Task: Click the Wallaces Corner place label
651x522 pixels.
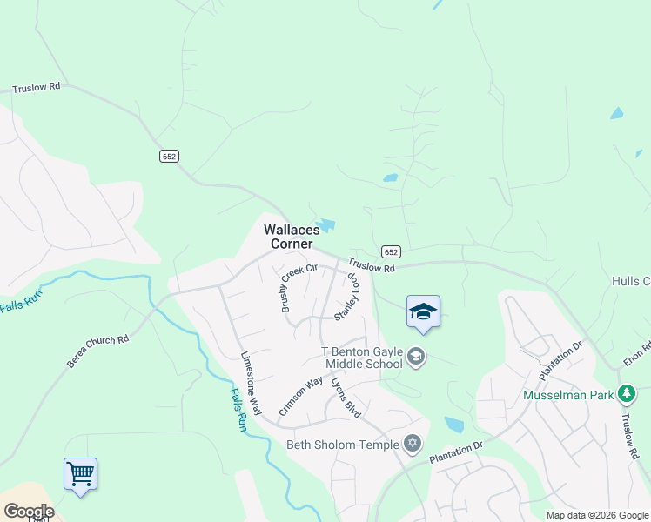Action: pos(288,236)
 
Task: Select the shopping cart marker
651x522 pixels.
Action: pos(80,474)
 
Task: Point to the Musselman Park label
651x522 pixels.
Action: pos(567,395)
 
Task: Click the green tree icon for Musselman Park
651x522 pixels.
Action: pos(626,394)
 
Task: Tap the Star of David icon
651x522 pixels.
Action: pos(413,444)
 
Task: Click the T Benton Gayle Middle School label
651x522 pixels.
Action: pos(363,358)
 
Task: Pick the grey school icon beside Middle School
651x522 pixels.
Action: pos(416,357)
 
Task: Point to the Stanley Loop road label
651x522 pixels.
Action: pos(347,295)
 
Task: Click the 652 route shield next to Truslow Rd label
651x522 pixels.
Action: pos(392,251)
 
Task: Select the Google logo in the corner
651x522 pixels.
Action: pos(28,512)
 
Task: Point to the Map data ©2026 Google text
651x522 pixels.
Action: pos(596,515)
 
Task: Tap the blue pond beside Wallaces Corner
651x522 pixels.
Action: pos(326,225)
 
